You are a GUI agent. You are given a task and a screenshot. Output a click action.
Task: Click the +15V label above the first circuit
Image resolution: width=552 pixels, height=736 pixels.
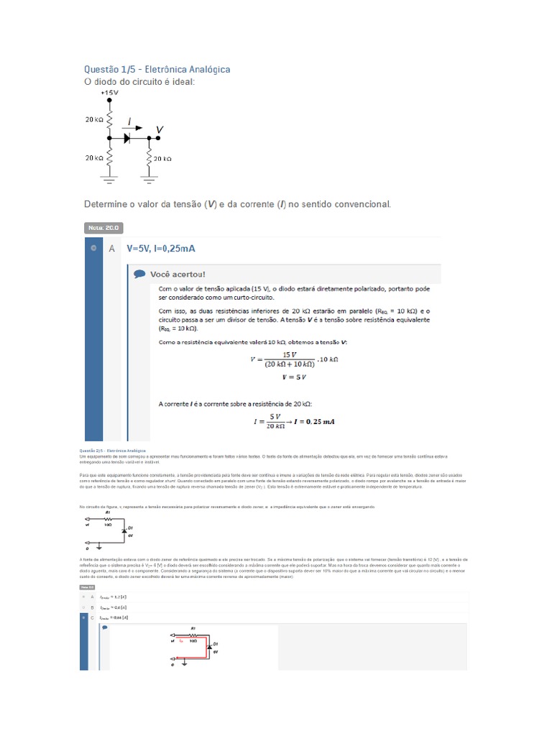[x=110, y=93]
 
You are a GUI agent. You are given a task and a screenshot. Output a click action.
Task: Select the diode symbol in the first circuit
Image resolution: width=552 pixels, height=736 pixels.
[x=129, y=137]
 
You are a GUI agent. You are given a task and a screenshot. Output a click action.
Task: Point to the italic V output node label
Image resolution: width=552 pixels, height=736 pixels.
[x=160, y=129]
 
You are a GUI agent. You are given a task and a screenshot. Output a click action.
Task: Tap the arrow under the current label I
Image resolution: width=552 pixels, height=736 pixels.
[x=129, y=126]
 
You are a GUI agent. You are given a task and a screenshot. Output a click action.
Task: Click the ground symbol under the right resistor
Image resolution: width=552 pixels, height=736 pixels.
[x=149, y=175]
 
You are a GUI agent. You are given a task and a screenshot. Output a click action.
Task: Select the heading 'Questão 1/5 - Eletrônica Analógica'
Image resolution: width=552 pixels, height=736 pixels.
[x=157, y=69]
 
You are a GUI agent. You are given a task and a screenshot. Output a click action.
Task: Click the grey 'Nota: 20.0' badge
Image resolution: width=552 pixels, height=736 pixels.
[x=104, y=228]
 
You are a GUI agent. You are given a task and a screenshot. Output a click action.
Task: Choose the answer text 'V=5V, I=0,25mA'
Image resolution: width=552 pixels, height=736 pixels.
[x=161, y=249]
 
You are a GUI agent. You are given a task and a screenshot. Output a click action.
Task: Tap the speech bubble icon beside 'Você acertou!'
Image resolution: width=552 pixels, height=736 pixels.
[x=139, y=274]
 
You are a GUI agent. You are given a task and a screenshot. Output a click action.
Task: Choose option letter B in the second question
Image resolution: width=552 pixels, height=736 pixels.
[x=92, y=607]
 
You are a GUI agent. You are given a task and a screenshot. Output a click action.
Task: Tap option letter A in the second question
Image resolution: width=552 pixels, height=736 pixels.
[x=92, y=597]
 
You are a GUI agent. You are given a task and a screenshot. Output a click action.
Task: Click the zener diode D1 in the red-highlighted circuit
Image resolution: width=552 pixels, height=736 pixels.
[x=208, y=647]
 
